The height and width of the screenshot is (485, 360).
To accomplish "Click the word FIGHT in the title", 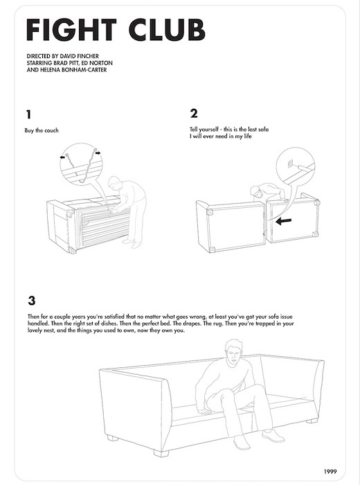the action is pyautogui.click(x=71, y=30).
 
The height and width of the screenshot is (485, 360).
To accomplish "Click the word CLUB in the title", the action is pyautogui.click(x=167, y=30).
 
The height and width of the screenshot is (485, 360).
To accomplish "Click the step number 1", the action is pyautogui.click(x=29, y=114).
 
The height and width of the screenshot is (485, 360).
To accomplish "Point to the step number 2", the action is pyautogui.click(x=194, y=114).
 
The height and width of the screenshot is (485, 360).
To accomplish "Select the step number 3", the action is pyautogui.click(x=32, y=301).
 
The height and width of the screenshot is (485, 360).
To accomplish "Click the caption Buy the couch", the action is pyautogui.click(x=42, y=130).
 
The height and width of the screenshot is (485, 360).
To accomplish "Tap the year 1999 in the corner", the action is pyautogui.click(x=330, y=472).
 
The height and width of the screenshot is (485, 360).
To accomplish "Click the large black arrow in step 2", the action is pyautogui.click(x=283, y=221).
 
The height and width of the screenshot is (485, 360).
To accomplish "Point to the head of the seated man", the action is pyautogui.click(x=233, y=352).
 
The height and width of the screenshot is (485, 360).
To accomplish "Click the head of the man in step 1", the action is pyautogui.click(x=114, y=184).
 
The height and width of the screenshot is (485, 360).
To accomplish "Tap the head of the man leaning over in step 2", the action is pyautogui.click(x=256, y=192).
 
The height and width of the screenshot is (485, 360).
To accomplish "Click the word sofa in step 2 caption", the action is pyautogui.click(x=263, y=130).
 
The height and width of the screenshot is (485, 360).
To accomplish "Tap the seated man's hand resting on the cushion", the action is pyautogui.click(x=204, y=411).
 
